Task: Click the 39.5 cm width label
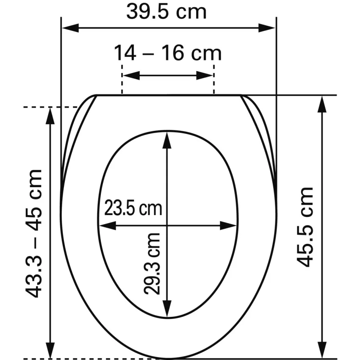(166, 12)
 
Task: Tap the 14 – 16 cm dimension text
(168, 53)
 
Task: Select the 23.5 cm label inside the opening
(133, 208)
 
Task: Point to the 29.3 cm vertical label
(152, 263)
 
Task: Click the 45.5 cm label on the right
(305, 227)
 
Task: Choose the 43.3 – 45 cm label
(34, 234)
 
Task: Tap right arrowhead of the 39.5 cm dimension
(266, 28)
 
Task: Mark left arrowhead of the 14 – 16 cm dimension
(131, 75)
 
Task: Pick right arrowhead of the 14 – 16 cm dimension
(205, 75)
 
